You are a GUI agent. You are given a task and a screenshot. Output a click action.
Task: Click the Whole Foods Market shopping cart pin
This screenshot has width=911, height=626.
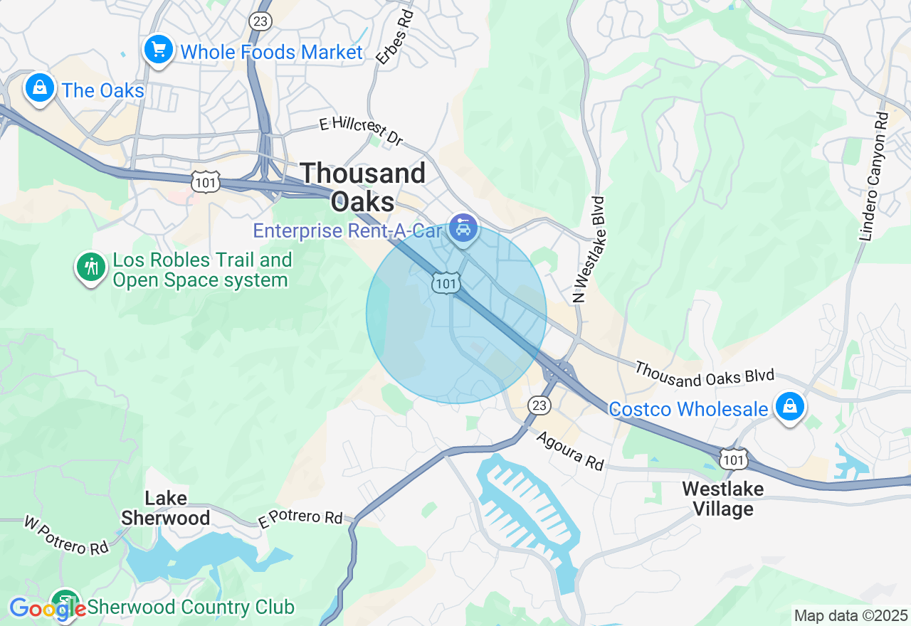coord(158,51)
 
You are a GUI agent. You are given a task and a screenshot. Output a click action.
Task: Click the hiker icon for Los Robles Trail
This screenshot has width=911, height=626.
coord(90,268)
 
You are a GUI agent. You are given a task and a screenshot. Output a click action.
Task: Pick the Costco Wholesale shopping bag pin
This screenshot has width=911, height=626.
coord(789,408)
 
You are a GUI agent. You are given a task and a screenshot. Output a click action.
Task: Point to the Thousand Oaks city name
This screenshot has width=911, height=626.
coord(363,187)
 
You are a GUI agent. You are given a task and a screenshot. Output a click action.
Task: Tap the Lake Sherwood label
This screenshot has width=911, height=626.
coord(165,508)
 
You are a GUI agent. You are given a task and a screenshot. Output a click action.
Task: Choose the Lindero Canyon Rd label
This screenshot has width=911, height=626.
coord(874,176)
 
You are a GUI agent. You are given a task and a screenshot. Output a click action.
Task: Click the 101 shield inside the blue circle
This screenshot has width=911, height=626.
coord(446,284)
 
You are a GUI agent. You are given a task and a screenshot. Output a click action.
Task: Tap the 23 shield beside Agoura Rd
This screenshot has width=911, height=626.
coord(539,405)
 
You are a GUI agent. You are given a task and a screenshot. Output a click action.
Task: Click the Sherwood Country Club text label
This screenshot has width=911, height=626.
coord(190,608)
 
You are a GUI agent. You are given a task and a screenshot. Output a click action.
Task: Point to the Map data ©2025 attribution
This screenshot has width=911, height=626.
coord(851,615)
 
